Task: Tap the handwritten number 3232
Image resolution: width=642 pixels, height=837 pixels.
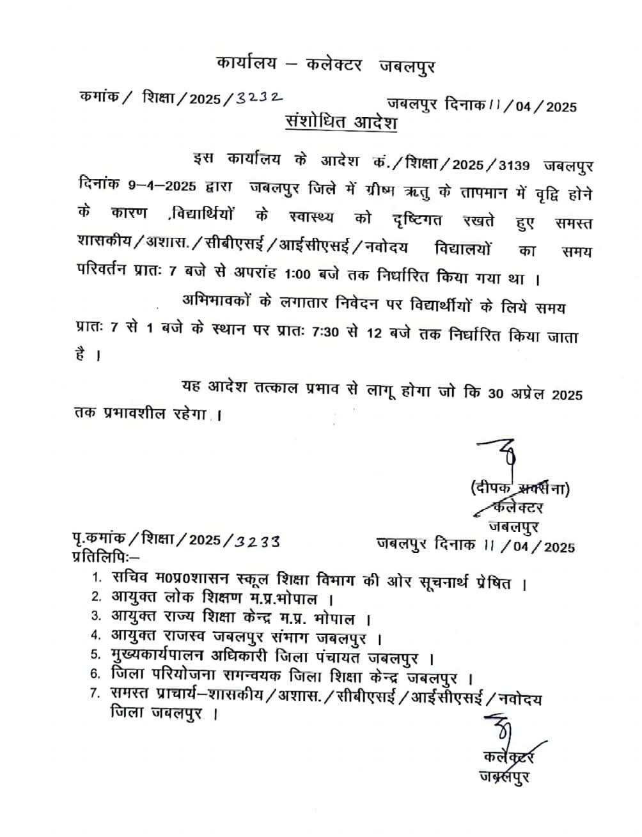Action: point(258,98)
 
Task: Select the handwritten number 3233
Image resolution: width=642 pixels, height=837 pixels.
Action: point(257,541)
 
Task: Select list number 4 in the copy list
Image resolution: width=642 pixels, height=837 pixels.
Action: point(96,636)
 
